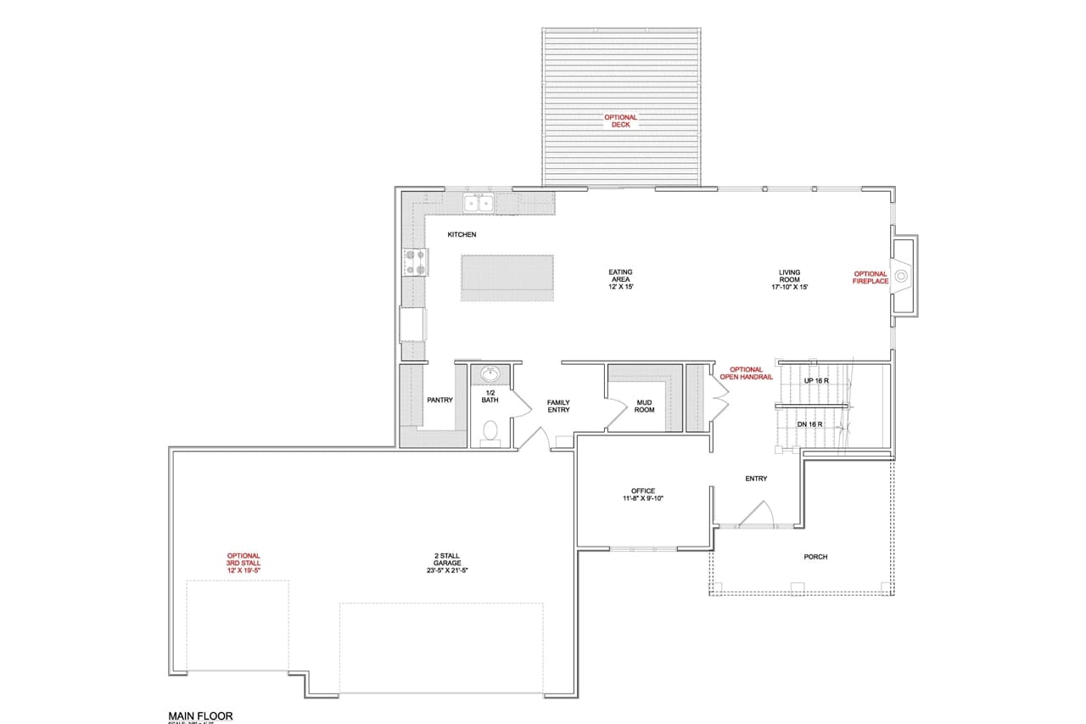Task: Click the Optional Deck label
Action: point(620,121)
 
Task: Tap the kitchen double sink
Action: point(478,203)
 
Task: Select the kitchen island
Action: point(507,278)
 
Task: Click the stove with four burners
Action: point(415,262)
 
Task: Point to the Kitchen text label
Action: point(462,234)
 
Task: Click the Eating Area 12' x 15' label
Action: point(620,279)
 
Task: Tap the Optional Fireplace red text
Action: point(870,278)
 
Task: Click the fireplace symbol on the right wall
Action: point(903,276)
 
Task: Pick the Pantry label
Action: point(439,400)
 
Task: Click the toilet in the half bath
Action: point(490,432)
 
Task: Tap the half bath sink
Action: point(490,373)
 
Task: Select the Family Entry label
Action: point(557,406)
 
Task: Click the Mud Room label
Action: point(644,406)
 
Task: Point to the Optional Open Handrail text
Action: point(746,373)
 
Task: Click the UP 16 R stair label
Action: point(815,381)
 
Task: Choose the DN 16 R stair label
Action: point(810,424)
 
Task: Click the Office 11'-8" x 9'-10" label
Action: point(642,495)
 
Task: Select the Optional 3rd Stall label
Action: point(243,563)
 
